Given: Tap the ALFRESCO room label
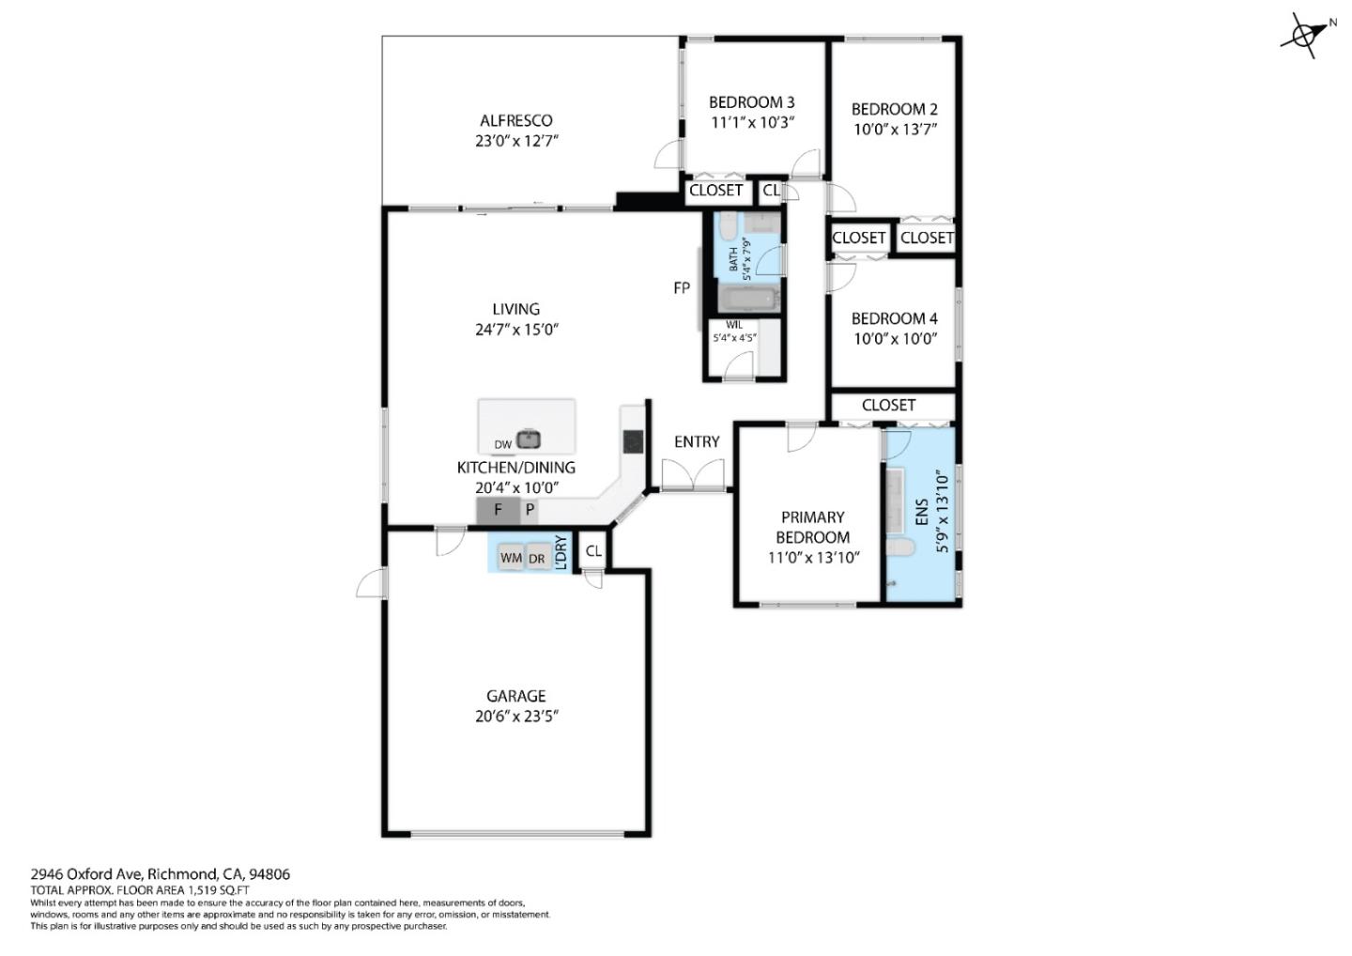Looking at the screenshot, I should [x=515, y=120].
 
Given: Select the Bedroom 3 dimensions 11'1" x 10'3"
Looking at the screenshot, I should [x=752, y=123].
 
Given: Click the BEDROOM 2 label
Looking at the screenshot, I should [x=894, y=109].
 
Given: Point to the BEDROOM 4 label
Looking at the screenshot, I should [x=894, y=318].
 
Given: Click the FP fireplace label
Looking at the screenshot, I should [x=682, y=288].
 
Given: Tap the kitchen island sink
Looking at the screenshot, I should [x=529, y=439].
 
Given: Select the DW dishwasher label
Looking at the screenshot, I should [x=502, y=445].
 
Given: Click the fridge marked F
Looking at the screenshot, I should [x=498, y=511].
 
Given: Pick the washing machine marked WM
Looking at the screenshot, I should [x=511, y=558].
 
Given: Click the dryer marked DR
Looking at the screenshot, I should [x=537, y=558].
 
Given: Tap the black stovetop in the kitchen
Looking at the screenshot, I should [x=633, y=440].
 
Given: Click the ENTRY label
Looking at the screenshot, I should [x=697, y=441].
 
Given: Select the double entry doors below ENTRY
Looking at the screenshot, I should [x=694, y=477].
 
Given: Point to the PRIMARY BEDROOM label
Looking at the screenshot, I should [x=813, y=527].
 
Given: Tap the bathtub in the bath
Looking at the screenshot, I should [x=748, y=300].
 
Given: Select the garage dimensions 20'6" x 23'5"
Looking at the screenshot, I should [x=515, y=716].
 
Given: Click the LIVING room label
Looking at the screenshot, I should [x=515, y=309].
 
